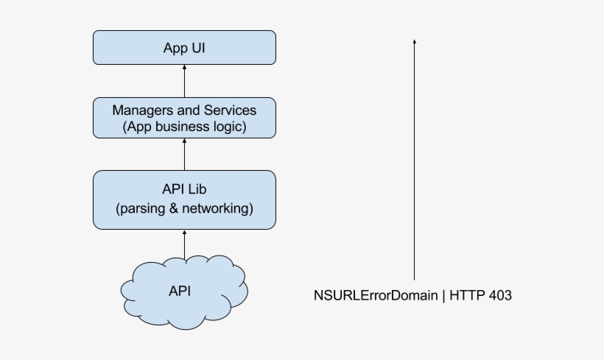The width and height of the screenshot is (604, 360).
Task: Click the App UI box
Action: pyautogui.click(x=184, y=48)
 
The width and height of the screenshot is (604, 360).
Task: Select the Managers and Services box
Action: pyautogui.click(x=184, y=118)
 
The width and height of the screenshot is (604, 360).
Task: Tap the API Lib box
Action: pyautogui.click(x=184, y=200)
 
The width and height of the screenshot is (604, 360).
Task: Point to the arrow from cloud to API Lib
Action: pyautogui.click(x=184, y=243)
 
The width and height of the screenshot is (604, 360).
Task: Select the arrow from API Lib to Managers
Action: pyautogui.click(x=184, y=155)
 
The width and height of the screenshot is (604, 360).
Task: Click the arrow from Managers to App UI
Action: pyautogui.click(x=184, y=82)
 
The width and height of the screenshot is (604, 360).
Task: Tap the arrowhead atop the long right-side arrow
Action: pyautogui.click(x=415, y=42)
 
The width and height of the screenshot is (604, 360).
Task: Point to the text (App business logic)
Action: pyautogui.click(x=184, y=127)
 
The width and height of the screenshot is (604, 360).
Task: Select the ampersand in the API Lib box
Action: pyautogui.click(x=174, y=209)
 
